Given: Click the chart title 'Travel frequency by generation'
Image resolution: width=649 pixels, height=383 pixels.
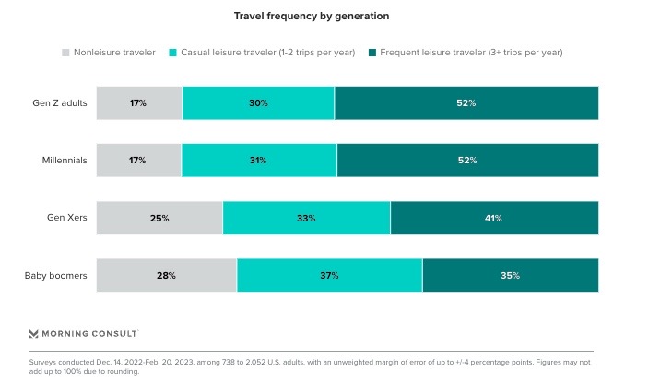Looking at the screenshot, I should coord(324,16).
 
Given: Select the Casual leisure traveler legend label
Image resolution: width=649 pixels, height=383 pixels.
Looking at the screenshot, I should coord(265,53).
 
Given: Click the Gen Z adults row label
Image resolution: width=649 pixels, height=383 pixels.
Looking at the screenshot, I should coord(60,102).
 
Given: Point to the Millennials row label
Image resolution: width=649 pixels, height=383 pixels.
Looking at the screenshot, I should coord(65,160).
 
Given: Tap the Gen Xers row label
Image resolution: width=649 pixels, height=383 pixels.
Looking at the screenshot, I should coord(67,218).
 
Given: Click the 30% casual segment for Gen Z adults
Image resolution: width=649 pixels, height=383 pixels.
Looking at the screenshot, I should coord(258,102).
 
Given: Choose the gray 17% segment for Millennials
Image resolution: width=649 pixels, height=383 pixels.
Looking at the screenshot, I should coord(138,160).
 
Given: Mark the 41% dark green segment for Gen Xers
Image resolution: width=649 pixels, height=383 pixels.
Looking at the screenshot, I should coord(494,218).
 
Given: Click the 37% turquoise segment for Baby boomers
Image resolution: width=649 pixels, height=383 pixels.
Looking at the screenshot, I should coord(329,275).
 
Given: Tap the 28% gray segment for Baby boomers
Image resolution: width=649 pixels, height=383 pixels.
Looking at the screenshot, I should coord(166,275).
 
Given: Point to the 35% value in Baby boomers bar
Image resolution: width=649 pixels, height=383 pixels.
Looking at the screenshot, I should coord(510,275).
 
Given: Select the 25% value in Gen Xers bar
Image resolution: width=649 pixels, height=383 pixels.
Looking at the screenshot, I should coord(159,218).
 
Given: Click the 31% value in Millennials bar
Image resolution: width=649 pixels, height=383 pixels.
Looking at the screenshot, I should coord(258,160).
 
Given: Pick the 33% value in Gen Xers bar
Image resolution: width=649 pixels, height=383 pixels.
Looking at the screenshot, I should coord(306,218).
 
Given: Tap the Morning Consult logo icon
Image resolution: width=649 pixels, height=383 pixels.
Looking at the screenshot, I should coord(34,333).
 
